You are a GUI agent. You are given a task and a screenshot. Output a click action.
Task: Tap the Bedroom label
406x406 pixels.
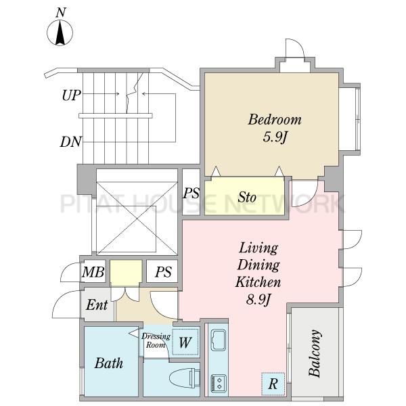[275, 120]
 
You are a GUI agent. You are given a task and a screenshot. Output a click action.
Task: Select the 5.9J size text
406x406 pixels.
[275, 137]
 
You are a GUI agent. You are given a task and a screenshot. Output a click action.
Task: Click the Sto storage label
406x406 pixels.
[247, 197]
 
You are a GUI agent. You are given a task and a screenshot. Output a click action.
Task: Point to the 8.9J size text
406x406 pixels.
[258, 300]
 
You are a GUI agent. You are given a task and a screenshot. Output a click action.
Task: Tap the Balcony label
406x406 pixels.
[315, 353]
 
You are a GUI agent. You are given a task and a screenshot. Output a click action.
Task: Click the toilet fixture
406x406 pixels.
[184, 378]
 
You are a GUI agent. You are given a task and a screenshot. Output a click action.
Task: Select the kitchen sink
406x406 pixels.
[219, 339]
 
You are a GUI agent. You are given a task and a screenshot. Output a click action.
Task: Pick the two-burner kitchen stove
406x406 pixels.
[219, 383]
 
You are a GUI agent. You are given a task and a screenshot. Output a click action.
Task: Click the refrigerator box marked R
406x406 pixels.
[273, 384]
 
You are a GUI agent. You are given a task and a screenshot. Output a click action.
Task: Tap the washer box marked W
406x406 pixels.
[185, 342]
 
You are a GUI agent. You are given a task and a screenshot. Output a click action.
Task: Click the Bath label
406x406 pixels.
[109, 363]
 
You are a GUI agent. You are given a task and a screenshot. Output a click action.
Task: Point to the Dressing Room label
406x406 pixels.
[156, 340]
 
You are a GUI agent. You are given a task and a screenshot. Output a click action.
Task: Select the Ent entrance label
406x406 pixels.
[97, 304]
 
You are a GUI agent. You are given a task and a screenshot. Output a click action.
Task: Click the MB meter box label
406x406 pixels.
[93, 272]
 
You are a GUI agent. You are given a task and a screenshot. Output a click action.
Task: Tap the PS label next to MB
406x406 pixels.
[163, 272]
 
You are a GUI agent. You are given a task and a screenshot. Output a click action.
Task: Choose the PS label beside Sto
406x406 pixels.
[191, 193]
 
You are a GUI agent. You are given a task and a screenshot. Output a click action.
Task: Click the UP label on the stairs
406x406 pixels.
[72, 95]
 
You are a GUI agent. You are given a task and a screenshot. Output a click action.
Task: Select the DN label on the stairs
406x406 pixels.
[70, 141]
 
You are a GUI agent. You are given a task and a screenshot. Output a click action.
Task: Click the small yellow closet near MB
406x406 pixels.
[126, 273]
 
